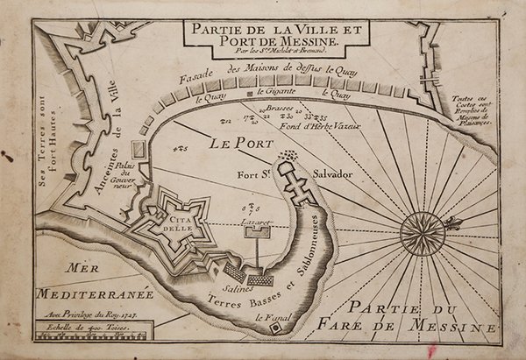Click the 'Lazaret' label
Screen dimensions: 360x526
pos(255,224)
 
